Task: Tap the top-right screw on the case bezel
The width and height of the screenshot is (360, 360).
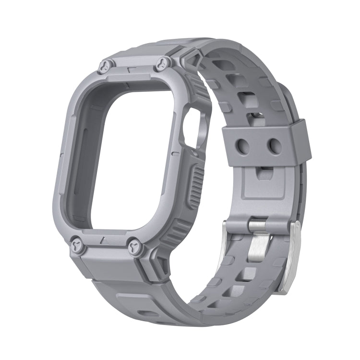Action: [163, 62]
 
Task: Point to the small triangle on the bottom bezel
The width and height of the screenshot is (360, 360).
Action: [104, 239]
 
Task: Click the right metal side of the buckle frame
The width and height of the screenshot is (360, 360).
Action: [293, 259]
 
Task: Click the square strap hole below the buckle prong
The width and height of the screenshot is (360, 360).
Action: [248, 274]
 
